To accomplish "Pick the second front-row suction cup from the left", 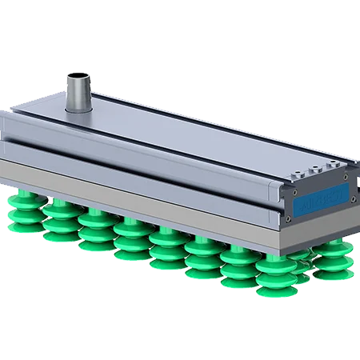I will coord(58,220).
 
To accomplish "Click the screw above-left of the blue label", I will coord(290,192).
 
